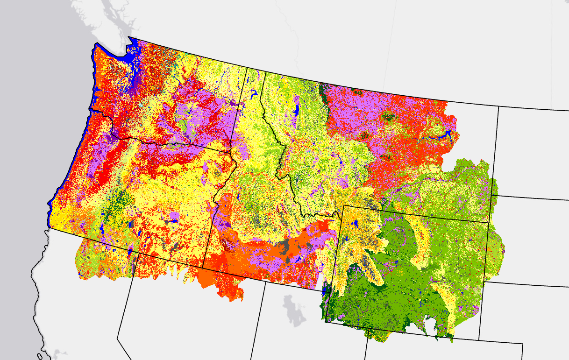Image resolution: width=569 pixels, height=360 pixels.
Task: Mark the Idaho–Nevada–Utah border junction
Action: [265, 282]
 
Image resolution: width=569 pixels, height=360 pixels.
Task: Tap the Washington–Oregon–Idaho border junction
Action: [232, 153]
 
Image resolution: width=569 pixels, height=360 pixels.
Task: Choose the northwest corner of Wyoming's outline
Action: [344, 205]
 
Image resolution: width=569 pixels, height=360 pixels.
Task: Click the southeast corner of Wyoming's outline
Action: [479, 339]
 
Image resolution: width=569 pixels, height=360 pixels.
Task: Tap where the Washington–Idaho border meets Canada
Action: [247, 67]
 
